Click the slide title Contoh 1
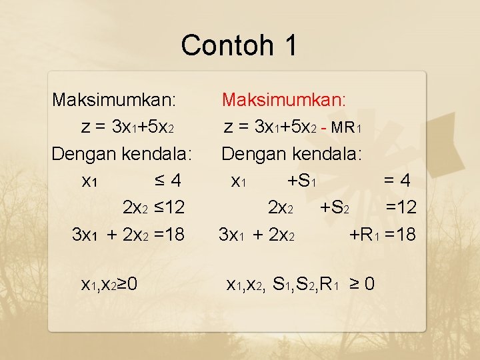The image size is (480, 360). (x=239, y=45)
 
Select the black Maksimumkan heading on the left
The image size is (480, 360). (x=115, y=101)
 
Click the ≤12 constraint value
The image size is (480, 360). (x=166, y=207)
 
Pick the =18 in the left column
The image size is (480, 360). (x=166, y=234)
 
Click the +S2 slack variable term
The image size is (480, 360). (x=339, y=207)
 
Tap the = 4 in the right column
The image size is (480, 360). (x=400, y=181)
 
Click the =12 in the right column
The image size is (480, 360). (x=401, y=207)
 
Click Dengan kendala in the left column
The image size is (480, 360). (x=122, y=154)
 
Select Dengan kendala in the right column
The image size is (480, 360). (x=292, y=154)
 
